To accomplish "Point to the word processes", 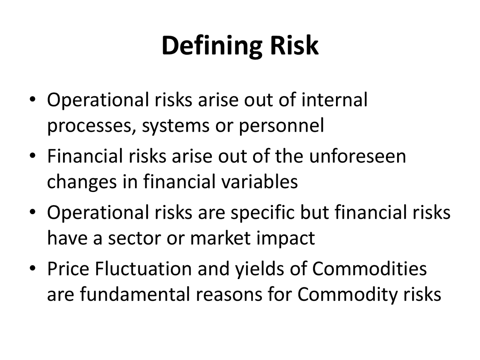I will point(91,126).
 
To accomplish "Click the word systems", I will point(175,126).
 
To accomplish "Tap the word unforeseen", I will point(357,156).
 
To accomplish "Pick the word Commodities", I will point(369,269).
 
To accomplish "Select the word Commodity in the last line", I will point(347,295).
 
